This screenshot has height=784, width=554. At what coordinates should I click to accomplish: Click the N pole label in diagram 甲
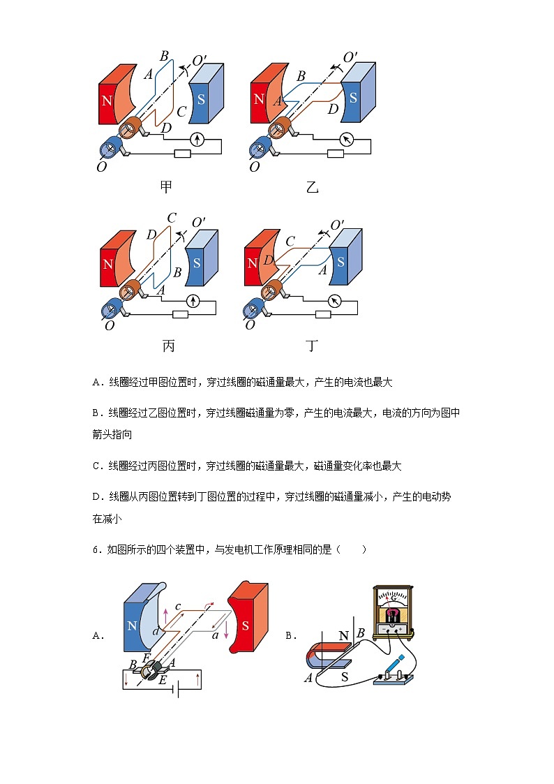[107, 100]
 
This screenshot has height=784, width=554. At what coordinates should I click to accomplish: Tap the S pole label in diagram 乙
[353, 98]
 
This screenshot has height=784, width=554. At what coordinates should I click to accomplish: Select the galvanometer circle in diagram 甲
[197, 140]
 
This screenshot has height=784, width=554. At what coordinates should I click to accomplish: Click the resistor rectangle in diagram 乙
[336, 154]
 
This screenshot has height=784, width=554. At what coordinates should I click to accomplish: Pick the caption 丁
[312, 346]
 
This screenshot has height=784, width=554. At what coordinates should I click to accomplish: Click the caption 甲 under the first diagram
[166, 186]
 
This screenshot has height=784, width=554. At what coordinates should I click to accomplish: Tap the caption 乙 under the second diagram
[312, 186]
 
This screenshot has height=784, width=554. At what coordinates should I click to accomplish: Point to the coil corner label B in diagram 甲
[164, 56]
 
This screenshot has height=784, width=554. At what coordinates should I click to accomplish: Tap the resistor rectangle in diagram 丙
[181, 314]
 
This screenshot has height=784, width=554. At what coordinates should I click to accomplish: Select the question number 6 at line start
[96, 549]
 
